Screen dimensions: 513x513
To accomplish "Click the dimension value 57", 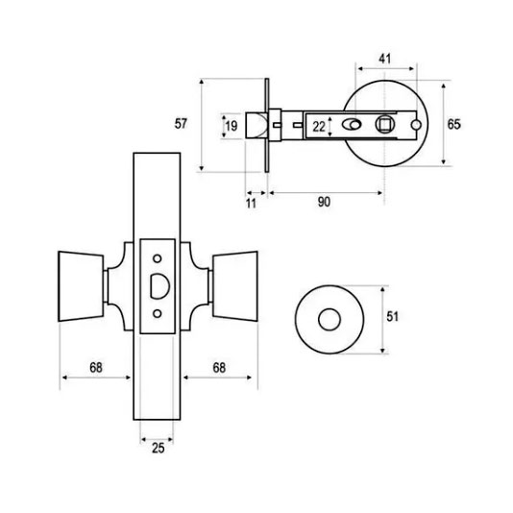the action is [x=181, y=124].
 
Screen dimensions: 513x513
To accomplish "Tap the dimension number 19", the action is [x=232, y=126].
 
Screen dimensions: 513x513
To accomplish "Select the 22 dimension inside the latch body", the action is [x=319, y=127].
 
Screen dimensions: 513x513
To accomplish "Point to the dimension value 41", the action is [x=384, y=59].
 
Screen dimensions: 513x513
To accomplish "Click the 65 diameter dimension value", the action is [x=453, y=124].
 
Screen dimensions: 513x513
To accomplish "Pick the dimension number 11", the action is [x=251, y=204].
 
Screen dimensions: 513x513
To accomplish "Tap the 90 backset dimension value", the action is [x=324, y=202].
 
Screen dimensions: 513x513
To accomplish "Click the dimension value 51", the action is [x=393, y=316].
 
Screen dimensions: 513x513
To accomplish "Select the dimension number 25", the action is [x=158, y=449].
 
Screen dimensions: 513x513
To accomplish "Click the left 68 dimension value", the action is [x=96, y=367].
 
